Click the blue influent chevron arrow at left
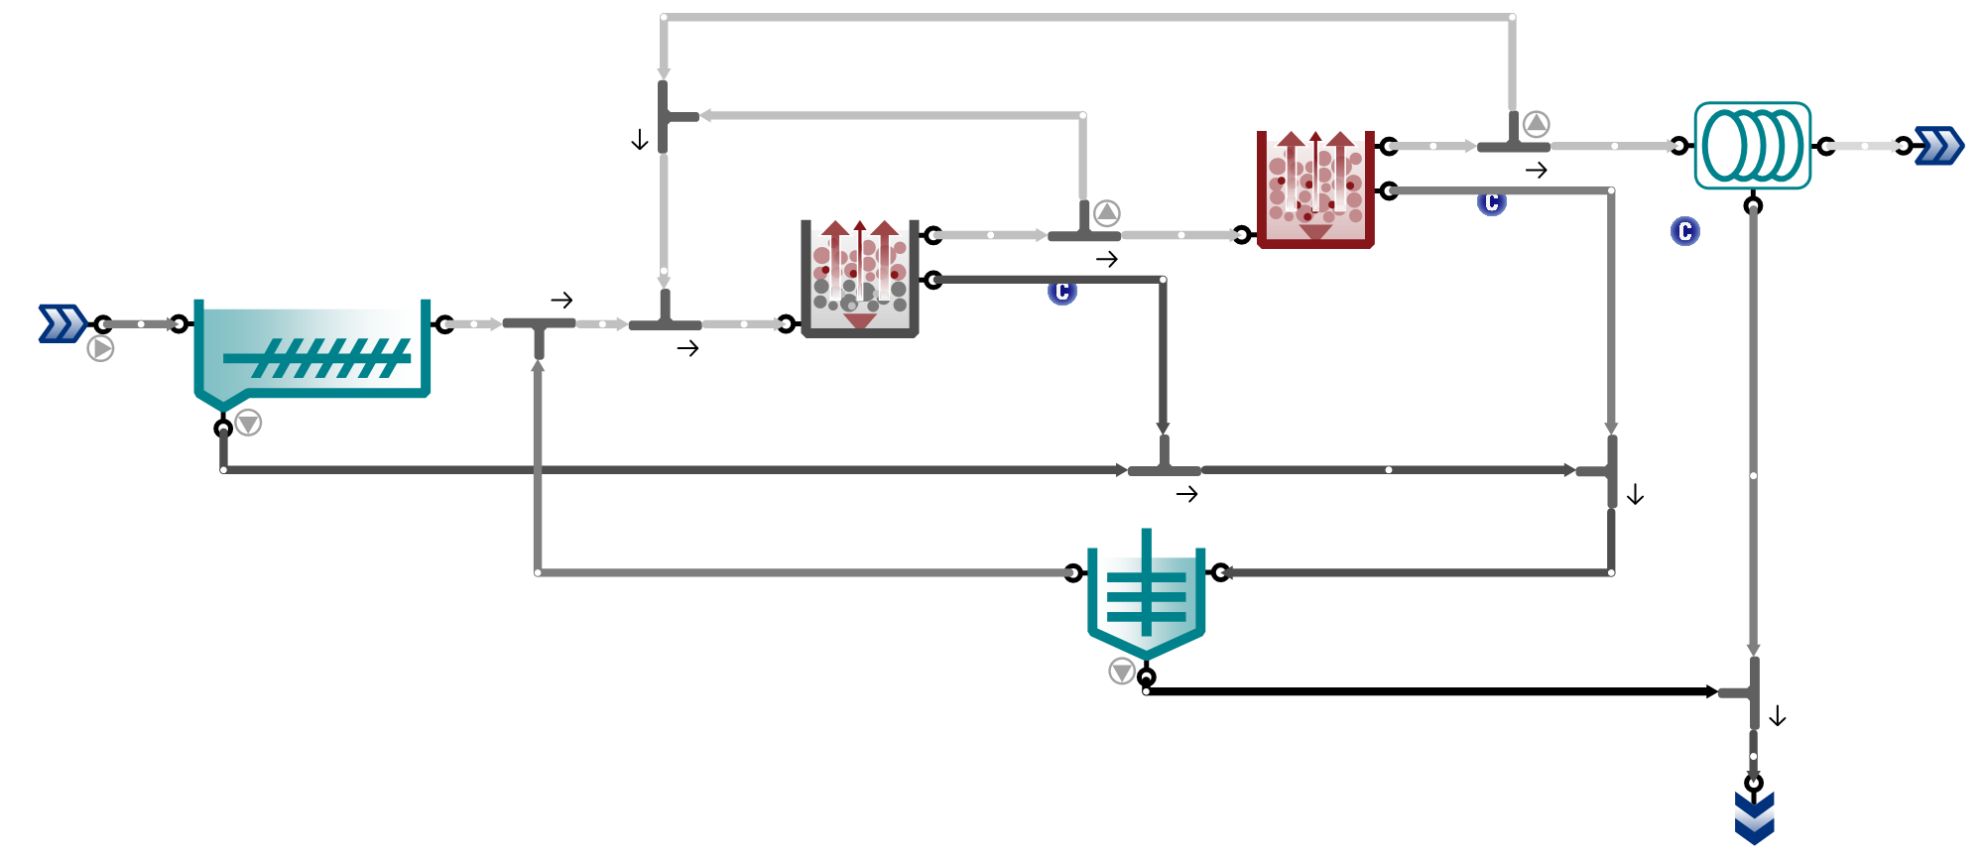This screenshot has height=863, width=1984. pos(62,323)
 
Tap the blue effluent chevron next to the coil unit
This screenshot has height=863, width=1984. pos(1939,146)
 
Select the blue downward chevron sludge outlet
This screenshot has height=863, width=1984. pos(1754,817)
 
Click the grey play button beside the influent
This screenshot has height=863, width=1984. pos(100,348)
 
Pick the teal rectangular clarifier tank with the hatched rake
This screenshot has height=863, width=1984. pos(311,353)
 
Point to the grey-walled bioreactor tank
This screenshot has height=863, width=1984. pos(859,279)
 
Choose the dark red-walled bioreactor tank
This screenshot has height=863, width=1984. pos(1315,188)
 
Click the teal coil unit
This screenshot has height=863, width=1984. pos(1753,146)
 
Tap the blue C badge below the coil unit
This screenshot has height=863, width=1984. pos(1684,231)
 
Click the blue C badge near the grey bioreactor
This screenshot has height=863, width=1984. pos(1062,292)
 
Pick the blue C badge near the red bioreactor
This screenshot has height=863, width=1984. pos(1491,202)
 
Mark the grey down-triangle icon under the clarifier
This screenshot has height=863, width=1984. pos(248,423)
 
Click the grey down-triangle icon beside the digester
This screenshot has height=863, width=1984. pos(1122,672)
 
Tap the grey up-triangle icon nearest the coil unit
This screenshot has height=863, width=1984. pos(1536,124)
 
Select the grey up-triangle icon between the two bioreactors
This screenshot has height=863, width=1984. pos(1107,213)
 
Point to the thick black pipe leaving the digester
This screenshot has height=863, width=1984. pos(1431,691)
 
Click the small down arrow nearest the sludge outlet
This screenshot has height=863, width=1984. pos(1778,716)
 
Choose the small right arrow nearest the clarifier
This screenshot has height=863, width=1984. pos(562,300)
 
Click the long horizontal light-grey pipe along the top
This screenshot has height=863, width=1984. pos(1087,17)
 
